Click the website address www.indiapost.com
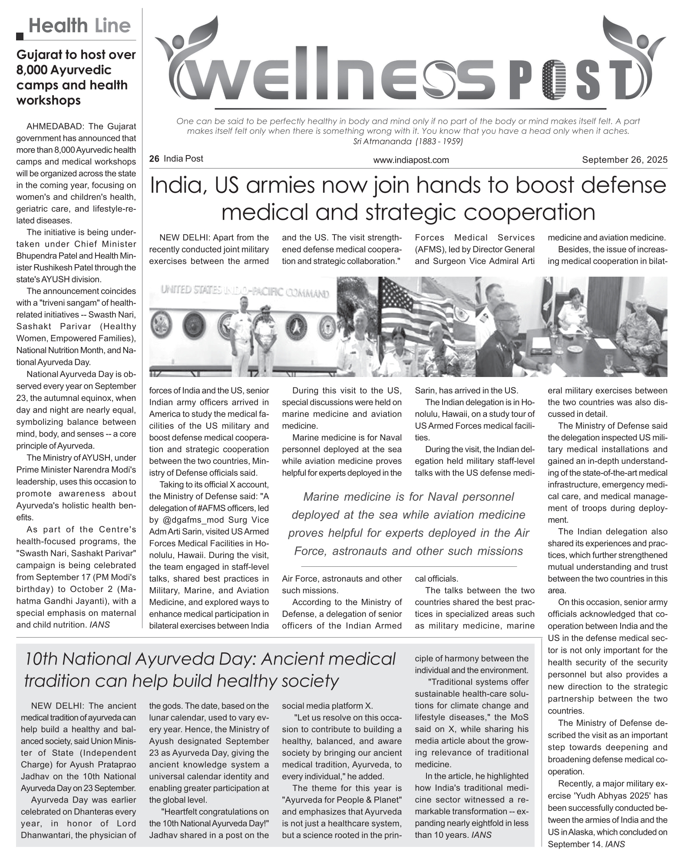(411, 160)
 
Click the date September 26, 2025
(625, 160)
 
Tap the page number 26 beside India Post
(154, 159)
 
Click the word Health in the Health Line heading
(58, 26)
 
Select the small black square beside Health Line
(20, 36)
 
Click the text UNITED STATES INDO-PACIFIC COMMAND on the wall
(245, 291)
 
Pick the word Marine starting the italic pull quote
(321, 497)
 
